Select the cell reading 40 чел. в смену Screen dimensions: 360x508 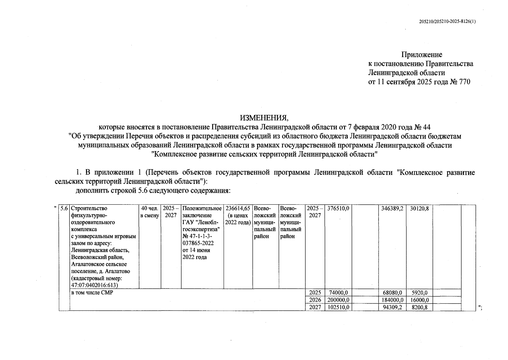coord(150,212)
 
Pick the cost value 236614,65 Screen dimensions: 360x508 coord(238,208)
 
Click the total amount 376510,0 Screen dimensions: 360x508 coord(338,208)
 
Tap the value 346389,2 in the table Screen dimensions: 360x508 coord(392,208)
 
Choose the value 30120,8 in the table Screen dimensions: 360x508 coord(419,208)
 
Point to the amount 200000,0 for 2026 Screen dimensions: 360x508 coord(338,300)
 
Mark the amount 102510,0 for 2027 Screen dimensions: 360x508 coord(338,307)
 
